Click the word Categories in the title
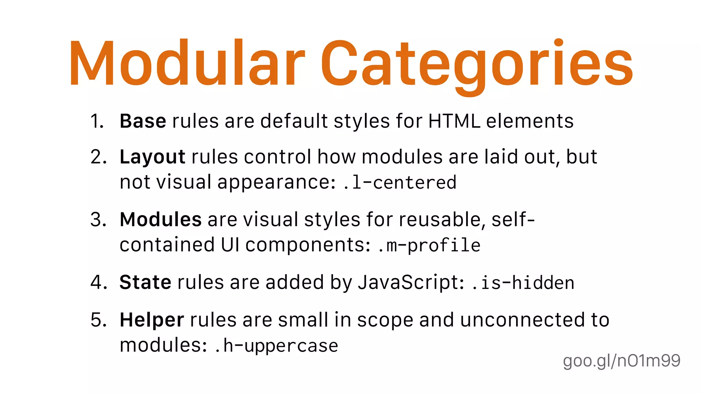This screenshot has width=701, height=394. tap(476, 65)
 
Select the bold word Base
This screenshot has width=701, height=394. tap(143, 121)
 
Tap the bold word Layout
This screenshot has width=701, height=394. tap(152, 157)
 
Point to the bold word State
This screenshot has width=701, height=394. tap(145, 283)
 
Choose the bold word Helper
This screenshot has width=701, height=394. tap(152, 320)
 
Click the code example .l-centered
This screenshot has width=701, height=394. tap(399, 182)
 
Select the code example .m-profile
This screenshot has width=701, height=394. tap(429, 245)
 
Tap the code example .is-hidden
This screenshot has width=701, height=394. tap(523, 283)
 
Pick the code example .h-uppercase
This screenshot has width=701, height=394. tap(276, 345)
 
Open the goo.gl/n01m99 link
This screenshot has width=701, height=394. tap(622, 361)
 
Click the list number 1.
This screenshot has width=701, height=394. tap(97, 121)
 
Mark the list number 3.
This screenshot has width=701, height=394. tap(98, 220)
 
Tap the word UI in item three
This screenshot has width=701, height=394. tap(230, 245)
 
